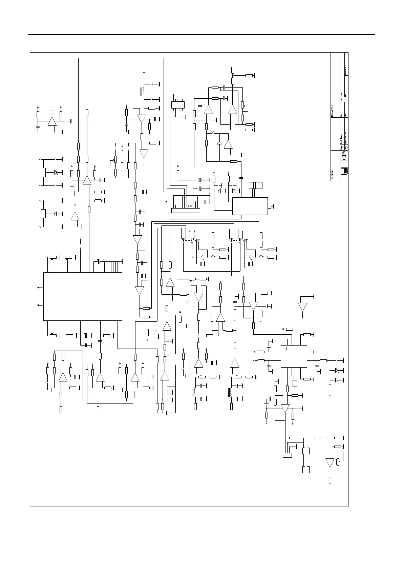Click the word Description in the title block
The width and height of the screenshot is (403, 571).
333,111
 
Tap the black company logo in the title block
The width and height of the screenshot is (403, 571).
344,171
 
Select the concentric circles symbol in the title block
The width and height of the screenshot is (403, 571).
344,153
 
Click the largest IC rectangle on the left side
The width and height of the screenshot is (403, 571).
83,296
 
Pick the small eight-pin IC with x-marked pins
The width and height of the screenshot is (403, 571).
178,105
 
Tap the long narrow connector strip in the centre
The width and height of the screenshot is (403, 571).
186,211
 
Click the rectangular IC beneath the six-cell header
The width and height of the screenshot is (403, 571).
250,206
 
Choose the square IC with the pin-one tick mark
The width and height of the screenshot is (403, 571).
294,356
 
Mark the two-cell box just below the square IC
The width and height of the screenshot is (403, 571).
295,383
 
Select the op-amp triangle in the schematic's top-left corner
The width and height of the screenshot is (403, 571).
52,122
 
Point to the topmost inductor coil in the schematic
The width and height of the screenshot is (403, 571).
143,92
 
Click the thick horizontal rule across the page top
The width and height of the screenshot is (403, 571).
201,35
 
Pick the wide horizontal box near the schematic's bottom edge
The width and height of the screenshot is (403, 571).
287,455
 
